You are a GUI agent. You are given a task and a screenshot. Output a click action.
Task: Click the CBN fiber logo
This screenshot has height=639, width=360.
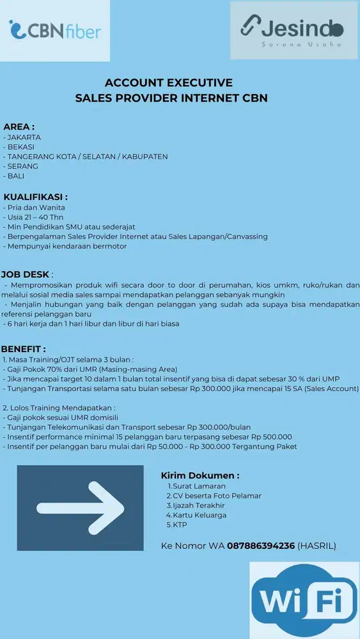[x=55, y=30]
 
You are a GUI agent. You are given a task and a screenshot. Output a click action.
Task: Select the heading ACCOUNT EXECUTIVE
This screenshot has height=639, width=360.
[x=168, y=82]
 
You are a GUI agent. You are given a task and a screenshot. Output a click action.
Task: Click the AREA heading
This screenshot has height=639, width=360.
[x=19, y=127]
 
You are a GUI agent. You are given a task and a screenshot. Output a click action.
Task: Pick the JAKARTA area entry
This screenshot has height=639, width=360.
[x=24, y=137]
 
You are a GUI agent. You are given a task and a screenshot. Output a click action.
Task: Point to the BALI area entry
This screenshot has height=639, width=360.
[x=17, y=176]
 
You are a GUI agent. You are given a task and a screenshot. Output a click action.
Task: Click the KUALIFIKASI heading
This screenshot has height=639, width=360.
[x=36, y=197]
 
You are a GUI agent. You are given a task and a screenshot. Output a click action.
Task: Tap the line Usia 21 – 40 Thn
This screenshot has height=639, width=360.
[x=31, y=217]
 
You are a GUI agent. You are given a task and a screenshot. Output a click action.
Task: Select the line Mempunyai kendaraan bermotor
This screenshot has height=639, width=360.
[x=67, y=246]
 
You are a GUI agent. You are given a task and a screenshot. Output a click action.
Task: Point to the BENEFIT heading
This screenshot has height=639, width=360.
[x=23, y=349]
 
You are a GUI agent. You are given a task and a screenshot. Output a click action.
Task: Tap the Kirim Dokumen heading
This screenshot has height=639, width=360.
[x=200, y=475]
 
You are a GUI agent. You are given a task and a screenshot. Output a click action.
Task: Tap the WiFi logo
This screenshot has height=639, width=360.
[x=304, y=601]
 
